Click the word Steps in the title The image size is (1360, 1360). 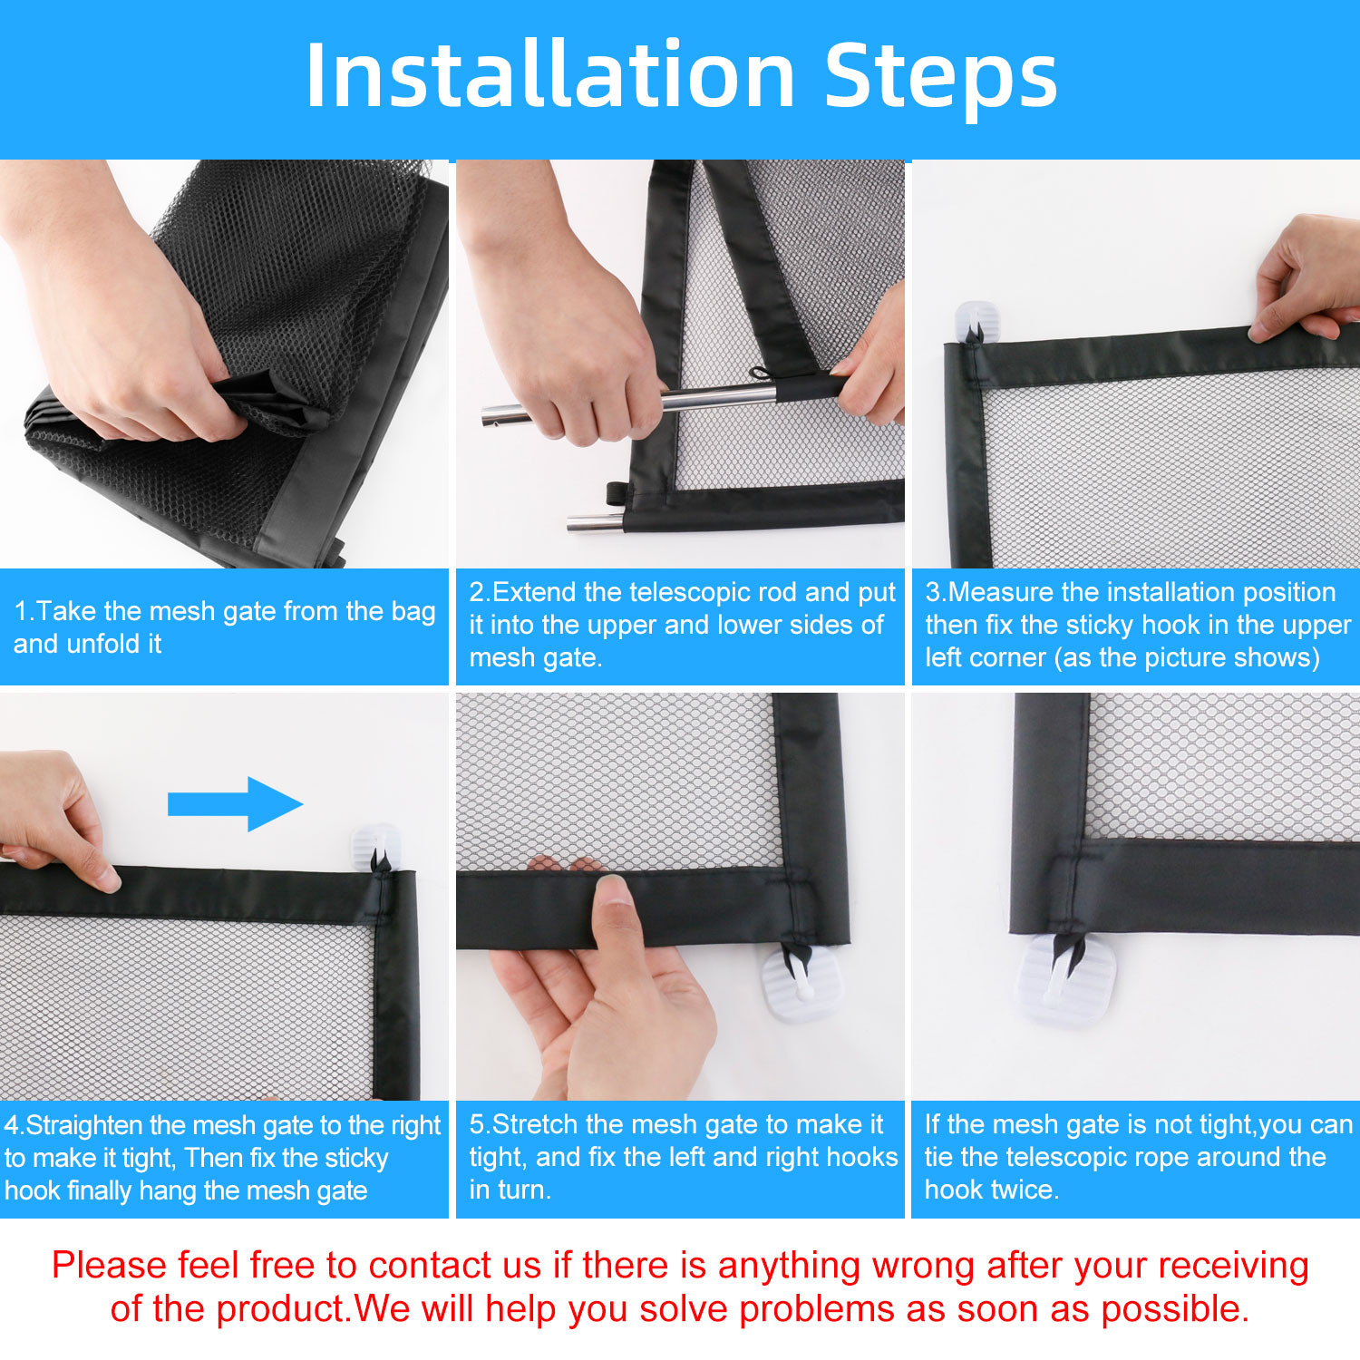[x=941, y=76]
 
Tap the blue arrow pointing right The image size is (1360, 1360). [x=235, y=803]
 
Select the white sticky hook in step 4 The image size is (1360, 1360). [x=375, y=847]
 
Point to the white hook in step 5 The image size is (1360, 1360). [x=801, y=983]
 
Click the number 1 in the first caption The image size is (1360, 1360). [x=20, y=611]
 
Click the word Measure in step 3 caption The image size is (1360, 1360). [x=999, y=592]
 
